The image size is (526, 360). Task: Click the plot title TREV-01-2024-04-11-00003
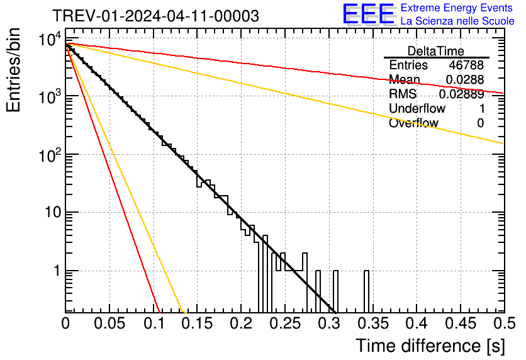pyautogui.click(x=155, y=16)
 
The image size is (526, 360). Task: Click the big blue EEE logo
pyautogui.click(x=367, y=14)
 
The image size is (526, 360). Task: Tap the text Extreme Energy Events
pyautogui.click(x=457, y=8)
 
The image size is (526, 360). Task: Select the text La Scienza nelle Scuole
pyautogui.click(x=457, y=21)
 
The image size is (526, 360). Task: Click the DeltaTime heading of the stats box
pyautogui.click(x=436, y=51)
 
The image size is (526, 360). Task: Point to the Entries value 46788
pyautogui.click(x=466, y=65)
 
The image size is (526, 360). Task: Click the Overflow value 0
pyautogui.click(x=480, y=123)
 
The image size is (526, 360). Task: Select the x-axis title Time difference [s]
pyautogui.click(x=429, y=346)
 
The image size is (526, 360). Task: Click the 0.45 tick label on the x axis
pyautogui.click(x=460, y=323)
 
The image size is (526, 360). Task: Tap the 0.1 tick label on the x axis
pyautogui.click(x=154, y=323)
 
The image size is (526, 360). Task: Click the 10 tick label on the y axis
pyautogui.click(x=48, y=213)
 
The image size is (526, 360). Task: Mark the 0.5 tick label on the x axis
pyautogui.click(x=504, y=323)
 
